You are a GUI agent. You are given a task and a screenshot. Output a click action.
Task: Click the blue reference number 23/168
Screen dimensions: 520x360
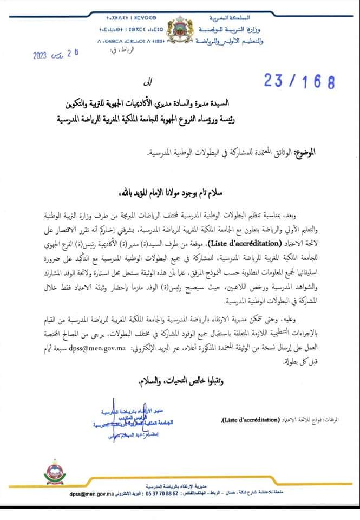(299, 81)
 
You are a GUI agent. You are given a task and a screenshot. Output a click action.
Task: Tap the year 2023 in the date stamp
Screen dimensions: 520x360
(41, 55)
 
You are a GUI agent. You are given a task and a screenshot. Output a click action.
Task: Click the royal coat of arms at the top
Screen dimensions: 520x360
(180, 31)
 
